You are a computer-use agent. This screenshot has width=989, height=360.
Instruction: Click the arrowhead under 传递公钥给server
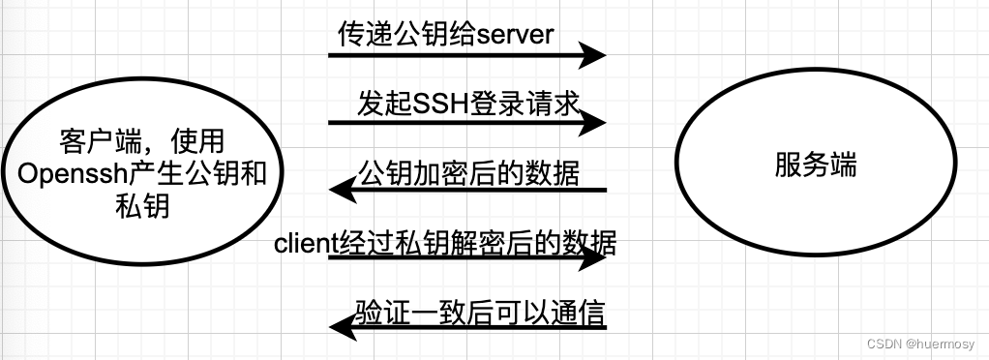click(x=592, y=55)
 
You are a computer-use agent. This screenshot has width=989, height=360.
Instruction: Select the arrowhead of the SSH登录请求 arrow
click(x=592, y=122)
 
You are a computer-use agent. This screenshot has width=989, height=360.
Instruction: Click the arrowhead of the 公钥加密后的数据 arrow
click(x=344, y=191)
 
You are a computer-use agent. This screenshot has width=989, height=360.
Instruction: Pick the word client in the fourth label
click(x=304, y=243)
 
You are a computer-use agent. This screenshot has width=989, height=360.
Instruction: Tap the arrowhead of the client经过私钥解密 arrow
click(x=592, y=259)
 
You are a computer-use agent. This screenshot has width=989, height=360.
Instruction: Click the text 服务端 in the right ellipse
click(x=815, y=165)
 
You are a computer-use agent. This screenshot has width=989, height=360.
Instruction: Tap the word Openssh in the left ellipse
click(x=60, y=173)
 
